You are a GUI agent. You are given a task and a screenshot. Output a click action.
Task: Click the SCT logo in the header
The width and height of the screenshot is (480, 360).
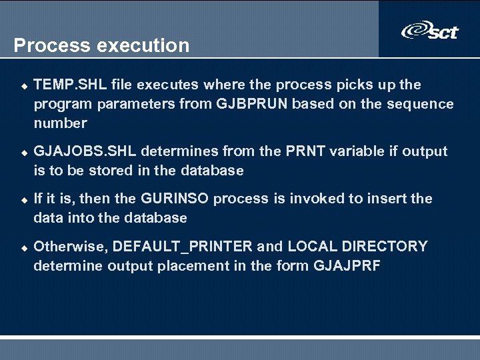coord(429,31)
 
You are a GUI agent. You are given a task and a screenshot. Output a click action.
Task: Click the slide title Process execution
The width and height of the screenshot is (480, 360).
coord(101,45)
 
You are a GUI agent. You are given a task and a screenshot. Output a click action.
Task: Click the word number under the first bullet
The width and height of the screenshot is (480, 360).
coord(60,123)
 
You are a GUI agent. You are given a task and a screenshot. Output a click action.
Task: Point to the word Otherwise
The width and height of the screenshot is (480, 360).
coord(70,246)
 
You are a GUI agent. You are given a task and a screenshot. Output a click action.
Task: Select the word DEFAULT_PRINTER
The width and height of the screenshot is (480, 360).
coord(183,246)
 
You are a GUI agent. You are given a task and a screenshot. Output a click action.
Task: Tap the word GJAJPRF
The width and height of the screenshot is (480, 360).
coord(357,265)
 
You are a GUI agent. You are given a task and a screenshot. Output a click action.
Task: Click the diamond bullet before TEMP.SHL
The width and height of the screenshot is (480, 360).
coord(22,86)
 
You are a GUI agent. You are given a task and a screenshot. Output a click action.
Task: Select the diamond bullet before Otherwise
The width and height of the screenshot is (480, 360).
coord(22,247)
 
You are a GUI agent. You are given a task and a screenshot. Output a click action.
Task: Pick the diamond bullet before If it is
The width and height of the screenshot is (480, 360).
coord(22,200)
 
